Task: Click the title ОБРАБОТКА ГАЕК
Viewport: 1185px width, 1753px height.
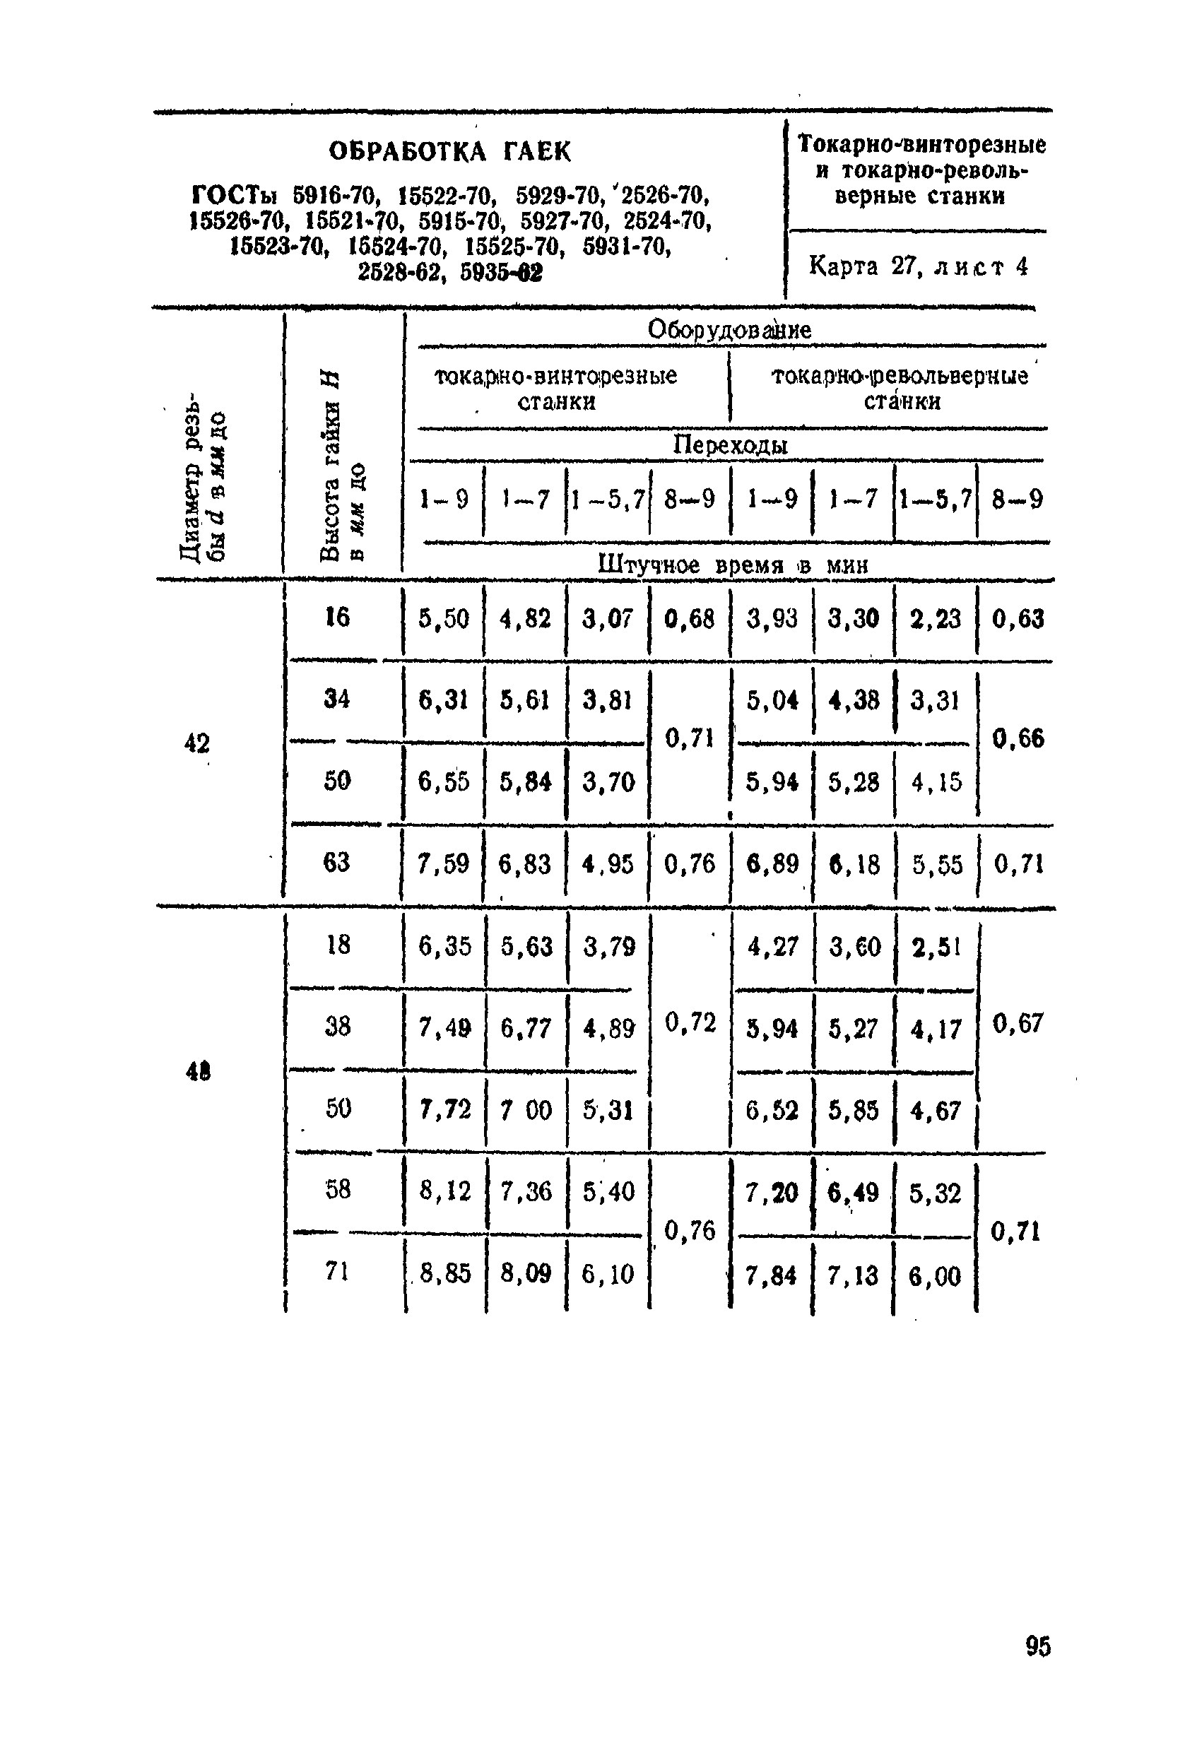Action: [x=449, y=153]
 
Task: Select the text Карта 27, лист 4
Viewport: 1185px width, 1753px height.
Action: [x=918, y=266]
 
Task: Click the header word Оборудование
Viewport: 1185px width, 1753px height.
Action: [x=729, y=330]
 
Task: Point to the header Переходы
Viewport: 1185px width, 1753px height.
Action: [x=729, y=445]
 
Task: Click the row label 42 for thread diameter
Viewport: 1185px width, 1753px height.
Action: [x=197, y=744]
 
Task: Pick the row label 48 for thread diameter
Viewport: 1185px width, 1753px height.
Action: [x=198, y=1070]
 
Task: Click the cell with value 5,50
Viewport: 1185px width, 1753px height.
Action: [x=444, y=619]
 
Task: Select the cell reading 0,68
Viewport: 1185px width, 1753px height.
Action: [x=690, y=619]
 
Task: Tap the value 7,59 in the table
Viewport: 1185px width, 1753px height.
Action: [x=444, y=863]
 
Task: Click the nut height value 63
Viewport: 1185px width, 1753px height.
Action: [x=336, y=861]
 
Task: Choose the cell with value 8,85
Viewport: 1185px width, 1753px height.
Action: [x=445, y=1274]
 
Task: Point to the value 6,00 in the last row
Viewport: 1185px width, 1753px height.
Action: [x=935, y=1275]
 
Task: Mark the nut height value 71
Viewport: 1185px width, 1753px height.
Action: [x=336, y=1272]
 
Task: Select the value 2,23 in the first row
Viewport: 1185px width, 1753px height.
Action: [x=936, y=619]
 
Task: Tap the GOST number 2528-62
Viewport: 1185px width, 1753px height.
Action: [x=400, y=271]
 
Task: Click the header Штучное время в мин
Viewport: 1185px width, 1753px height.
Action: [x=733, y=565]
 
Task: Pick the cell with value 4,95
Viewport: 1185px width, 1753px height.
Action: [x=608, y=863]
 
